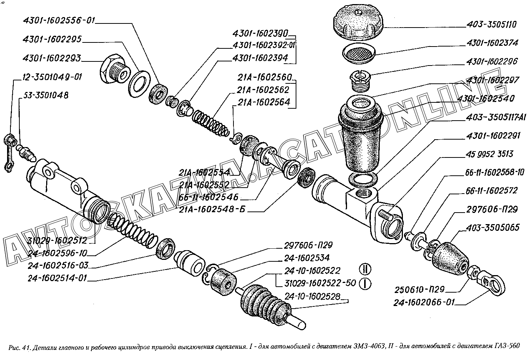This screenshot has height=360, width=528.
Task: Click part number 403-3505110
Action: pyautogui.click(x=491, y=25)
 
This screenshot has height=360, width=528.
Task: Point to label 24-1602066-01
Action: pyautogui.click(x=424, y=302)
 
